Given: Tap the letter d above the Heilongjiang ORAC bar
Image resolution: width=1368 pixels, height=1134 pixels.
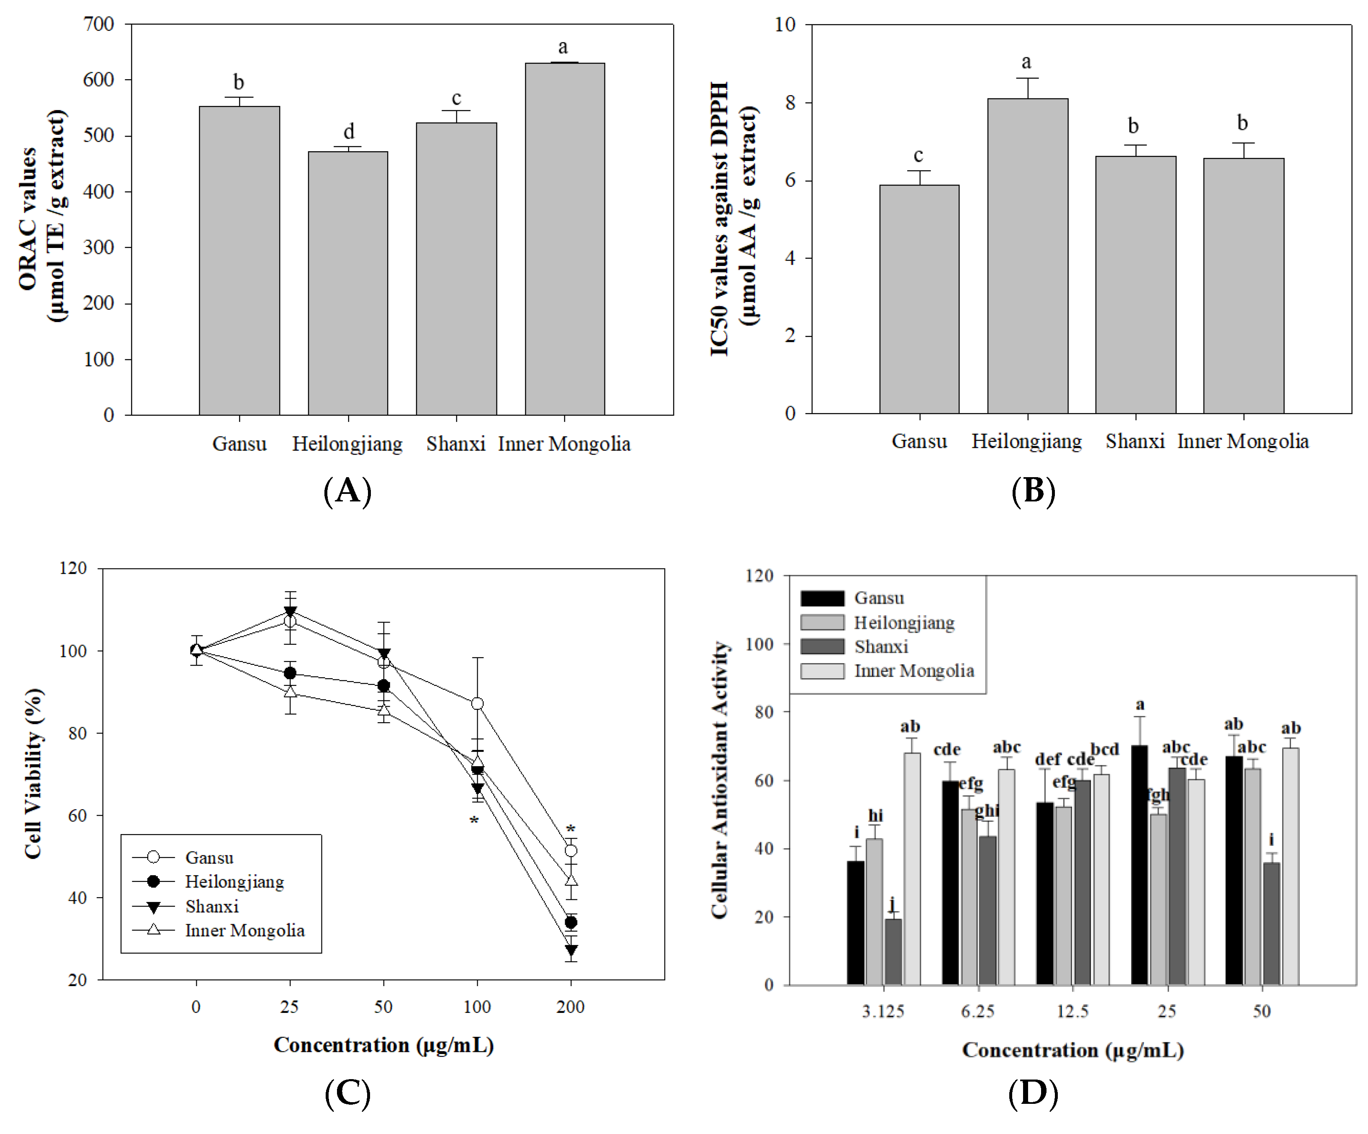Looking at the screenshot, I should (x=349, y=132).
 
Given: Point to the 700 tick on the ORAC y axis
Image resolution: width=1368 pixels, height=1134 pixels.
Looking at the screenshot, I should (x=99, y=24).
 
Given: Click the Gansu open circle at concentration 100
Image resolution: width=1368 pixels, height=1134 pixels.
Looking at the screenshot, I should (x=478, y=704).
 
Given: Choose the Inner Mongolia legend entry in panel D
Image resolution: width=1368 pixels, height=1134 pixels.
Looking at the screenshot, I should (x=913, y=671).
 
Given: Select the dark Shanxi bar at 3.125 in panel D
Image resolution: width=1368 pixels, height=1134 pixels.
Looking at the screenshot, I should (x=893, y=951).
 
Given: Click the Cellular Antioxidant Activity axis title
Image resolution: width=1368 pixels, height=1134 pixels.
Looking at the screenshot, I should (x=719, y=780).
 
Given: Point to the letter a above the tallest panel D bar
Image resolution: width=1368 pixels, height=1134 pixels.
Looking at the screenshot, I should (x=1140, y=705).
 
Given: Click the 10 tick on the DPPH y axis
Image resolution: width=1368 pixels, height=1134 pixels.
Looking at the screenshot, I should (x=785, y=25).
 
